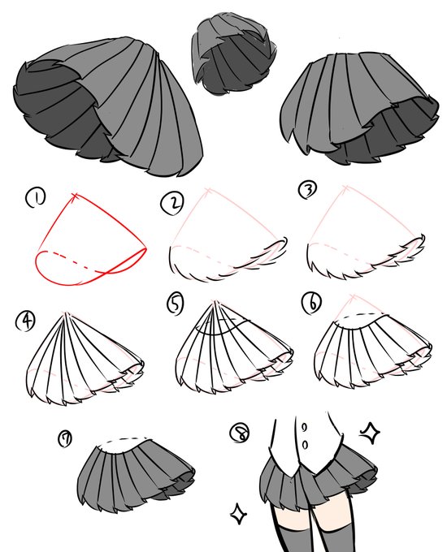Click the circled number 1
pyautogui.click(x=35, y=199)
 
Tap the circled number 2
pyautogui.click(x=171, y=204)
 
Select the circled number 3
pyautogui.click(x=307, y=191)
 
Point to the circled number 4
pyautogui.click(x=25, y=321)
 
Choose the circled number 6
pyautogui.click(x=311, y=304)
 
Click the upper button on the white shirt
pyautogui.click(x=305, y=427)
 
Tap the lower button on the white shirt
pyautogui.click(x=306, y=445)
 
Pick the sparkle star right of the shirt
pyautogui.click(x=370, y=432)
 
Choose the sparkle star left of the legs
pyautogui.click(x=238, y=514)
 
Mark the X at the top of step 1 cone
pyautogui.click(x=75, y=196)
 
